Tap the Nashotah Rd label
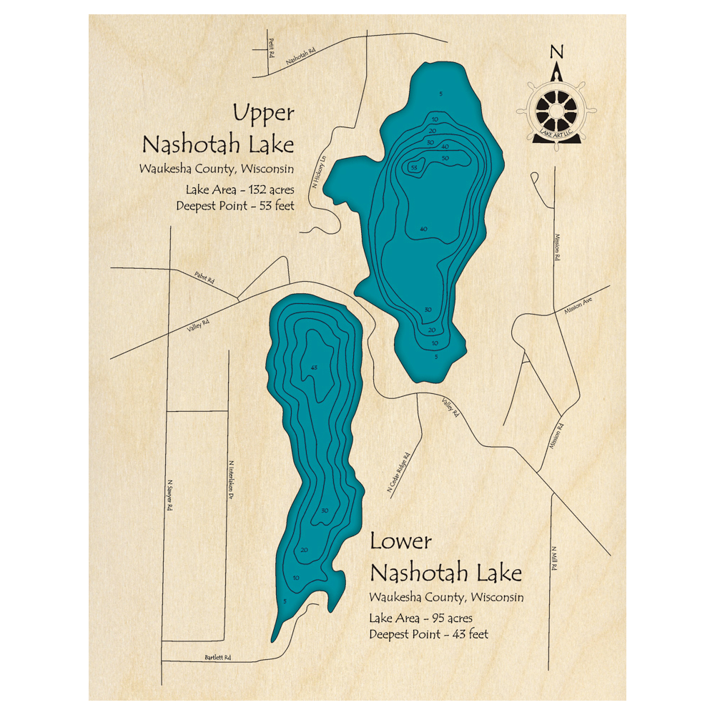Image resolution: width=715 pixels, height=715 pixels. tap(301, 56)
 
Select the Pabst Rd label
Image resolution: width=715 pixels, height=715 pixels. tap(204, 277)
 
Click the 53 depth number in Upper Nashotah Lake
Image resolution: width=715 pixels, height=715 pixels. tap(413, 167)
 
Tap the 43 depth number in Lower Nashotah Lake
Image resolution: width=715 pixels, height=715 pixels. tap(313, 367)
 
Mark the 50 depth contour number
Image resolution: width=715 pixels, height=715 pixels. tap(445, 157)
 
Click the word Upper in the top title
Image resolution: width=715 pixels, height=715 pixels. tap(263, 113)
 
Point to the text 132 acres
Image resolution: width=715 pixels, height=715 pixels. tap(269, 190)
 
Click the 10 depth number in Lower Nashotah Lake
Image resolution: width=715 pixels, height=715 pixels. tap(296, 578)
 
